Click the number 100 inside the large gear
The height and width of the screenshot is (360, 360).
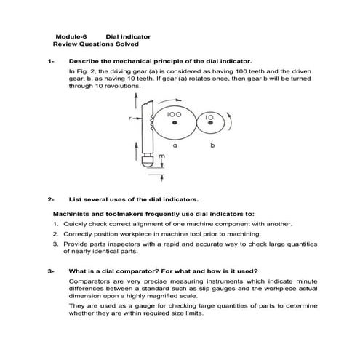coord(174,114)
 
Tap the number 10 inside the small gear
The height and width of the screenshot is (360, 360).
coord(209,116)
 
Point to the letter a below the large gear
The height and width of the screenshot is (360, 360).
coord(175,146)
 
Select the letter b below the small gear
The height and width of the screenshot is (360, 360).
coord(212,146)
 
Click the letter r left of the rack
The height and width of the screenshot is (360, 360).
coord(129,117)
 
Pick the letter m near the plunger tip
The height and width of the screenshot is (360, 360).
coord(161,156)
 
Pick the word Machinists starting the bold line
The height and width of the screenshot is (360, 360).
coord(73,215)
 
